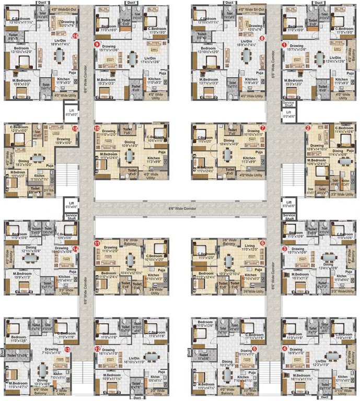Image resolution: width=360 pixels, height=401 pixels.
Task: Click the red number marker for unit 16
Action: point(76,36)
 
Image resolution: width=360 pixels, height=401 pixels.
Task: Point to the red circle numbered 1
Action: point(284,45)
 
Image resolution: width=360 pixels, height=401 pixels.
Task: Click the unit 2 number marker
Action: point(308,127)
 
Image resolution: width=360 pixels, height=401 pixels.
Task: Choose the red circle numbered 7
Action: point(263,127)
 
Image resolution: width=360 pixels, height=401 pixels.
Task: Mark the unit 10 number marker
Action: point(97,127)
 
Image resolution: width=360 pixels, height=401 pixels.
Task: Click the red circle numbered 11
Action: point(97,243)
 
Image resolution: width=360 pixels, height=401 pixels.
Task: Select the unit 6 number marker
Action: point(262,243)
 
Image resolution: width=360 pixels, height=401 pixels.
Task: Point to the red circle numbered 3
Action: point(284,249)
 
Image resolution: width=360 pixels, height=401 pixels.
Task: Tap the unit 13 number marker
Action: point(67,349)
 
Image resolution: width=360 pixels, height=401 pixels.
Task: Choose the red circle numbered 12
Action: point(97,348)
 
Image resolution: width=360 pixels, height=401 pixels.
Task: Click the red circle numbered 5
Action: point(254,348)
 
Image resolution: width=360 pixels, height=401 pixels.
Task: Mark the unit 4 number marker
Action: point(284,348)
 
